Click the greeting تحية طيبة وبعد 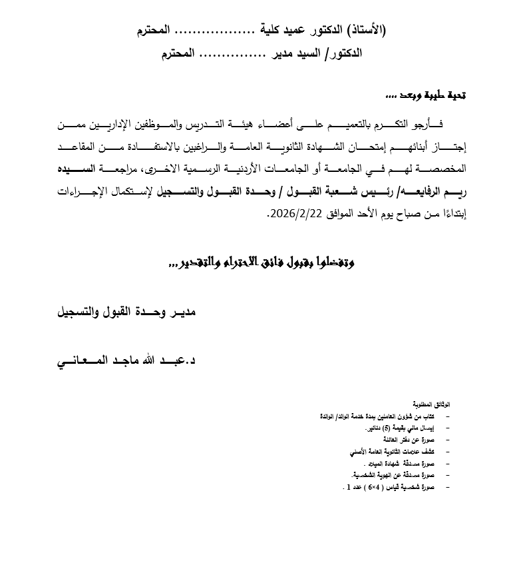(x=426, y=97)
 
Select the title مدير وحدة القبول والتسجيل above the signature (x=127, y=311)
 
